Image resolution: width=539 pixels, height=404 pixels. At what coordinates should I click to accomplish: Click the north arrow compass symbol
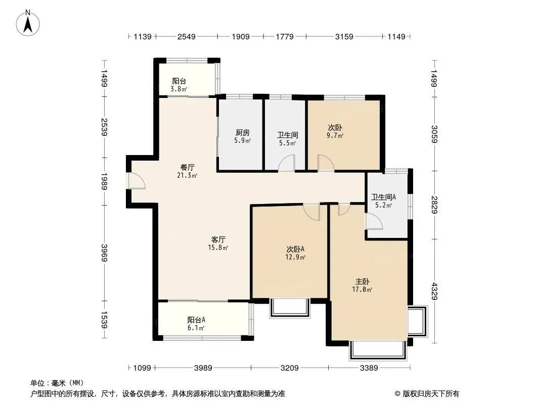[x=28, y=23]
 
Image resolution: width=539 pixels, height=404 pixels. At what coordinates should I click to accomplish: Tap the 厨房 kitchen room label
[x=243, y=132]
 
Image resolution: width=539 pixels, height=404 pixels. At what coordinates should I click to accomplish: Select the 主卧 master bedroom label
[x=363, y=281]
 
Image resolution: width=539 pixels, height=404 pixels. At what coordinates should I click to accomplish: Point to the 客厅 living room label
[x=218, y=239]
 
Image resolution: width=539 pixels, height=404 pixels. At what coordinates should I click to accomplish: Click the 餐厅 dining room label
[x=188, y=167]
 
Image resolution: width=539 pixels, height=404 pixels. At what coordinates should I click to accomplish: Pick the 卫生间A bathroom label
[x=383, y=197]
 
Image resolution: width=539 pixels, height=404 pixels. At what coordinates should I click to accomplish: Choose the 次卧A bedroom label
[x=295, y=249]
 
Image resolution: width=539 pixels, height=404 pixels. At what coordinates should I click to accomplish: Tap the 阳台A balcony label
[x=196, y=320]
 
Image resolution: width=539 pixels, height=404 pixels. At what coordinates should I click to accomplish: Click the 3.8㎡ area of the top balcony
[x=179, y=89]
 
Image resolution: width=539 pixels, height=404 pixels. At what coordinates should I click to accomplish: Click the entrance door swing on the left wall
[x=137, y=181]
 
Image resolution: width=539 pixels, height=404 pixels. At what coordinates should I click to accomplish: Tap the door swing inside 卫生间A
[x=374, y=221]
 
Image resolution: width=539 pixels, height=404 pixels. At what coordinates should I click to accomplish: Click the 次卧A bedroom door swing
[x=311, y=212]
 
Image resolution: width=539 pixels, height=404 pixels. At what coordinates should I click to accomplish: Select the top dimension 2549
[x=186, y=36]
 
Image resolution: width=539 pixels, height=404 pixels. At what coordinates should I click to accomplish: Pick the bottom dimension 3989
[x=203, y=368]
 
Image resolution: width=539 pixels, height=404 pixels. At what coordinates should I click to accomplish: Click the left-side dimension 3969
[x=104, y=252]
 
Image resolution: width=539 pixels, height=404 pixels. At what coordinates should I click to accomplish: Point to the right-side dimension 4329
[x=434, y=291]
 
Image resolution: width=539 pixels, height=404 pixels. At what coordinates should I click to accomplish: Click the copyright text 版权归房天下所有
[x=431, y=394]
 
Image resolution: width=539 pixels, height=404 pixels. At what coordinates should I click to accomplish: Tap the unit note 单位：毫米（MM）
[x=57, y=383]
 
